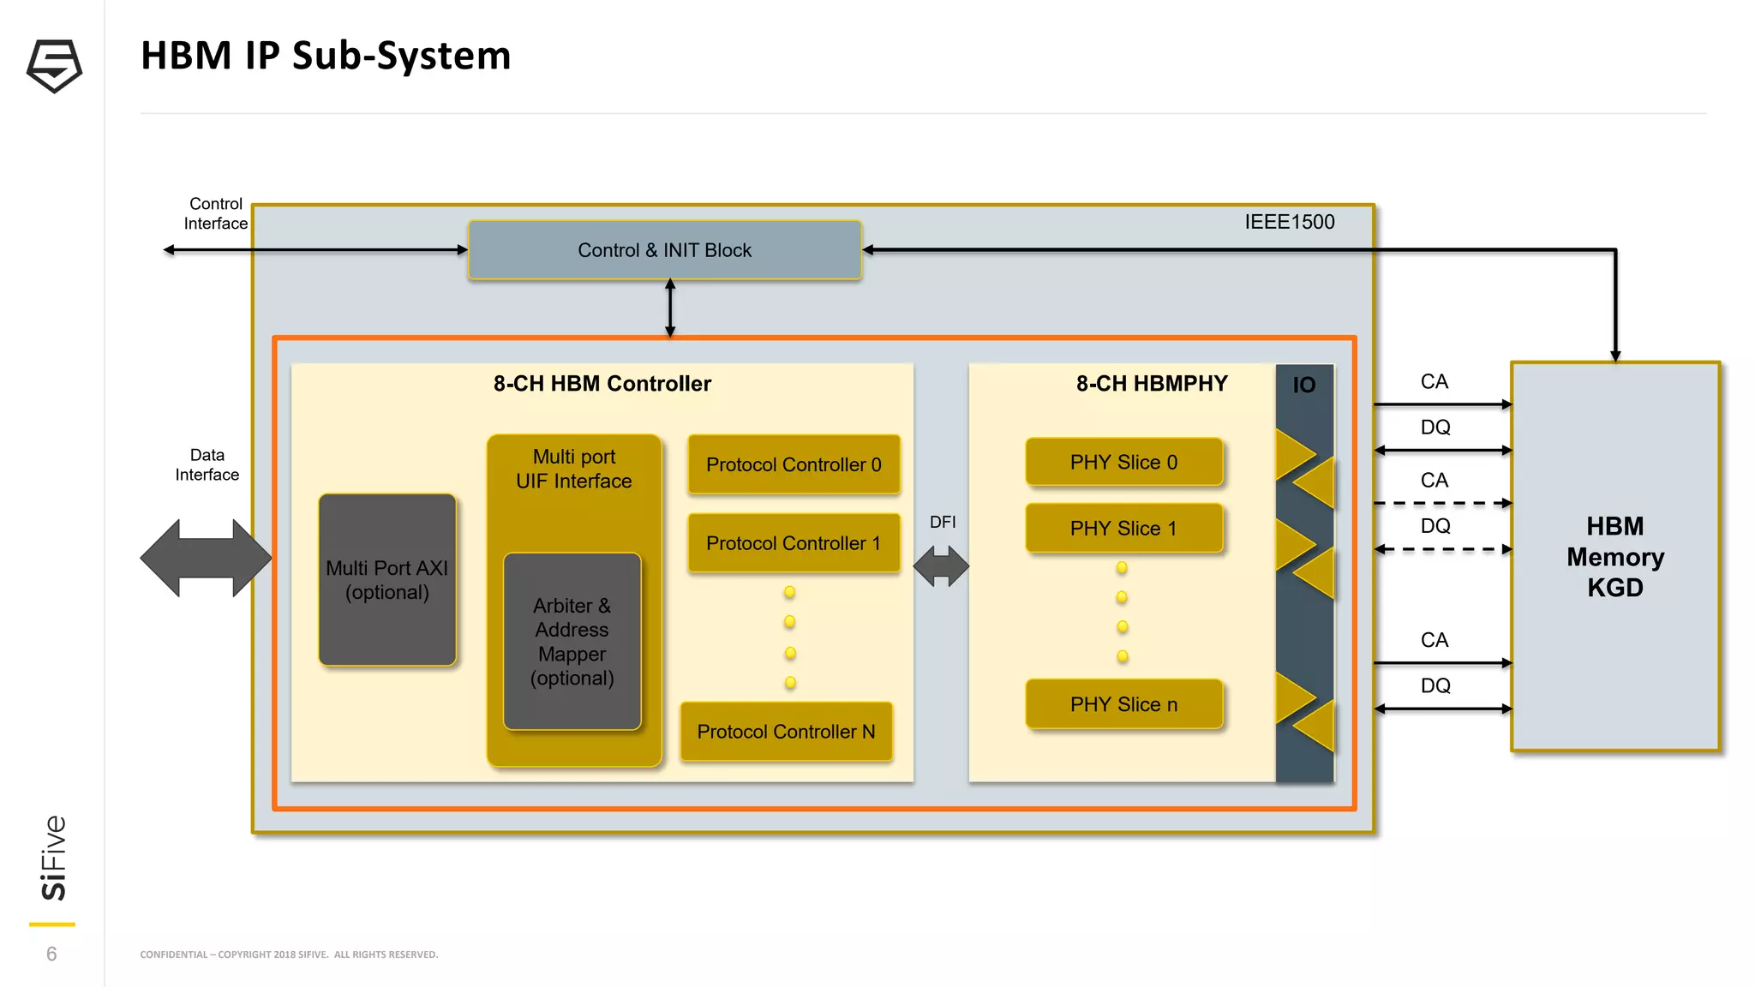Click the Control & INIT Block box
click(x=664, y=250)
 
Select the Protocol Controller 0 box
click(x=794, y=464)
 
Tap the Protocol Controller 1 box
click(x=794, y=543)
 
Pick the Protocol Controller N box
click(x=786, y=732)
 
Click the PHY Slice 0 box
click(x=1123, y=463)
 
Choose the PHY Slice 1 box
click(x=1123, y=529)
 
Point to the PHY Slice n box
click(x=1123, y=704)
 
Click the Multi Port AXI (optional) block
click(x=387, y=580)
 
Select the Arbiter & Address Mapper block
click(x=572, y=642)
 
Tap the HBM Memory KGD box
click(x=1615, y=557)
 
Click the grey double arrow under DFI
click(x=941, y=566)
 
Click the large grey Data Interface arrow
click(x=206, y=558)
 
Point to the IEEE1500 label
click(x=1289, y=222)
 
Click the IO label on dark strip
click(x=1303, y=386)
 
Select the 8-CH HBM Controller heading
click(x=602, y=384)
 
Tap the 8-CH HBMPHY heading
click(x=1151, y=384)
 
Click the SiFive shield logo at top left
click(x=54, y=66)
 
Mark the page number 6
click(x=51, y=954)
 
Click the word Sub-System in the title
click(x=401, y=56)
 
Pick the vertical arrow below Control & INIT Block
click(x=670, y=308)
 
